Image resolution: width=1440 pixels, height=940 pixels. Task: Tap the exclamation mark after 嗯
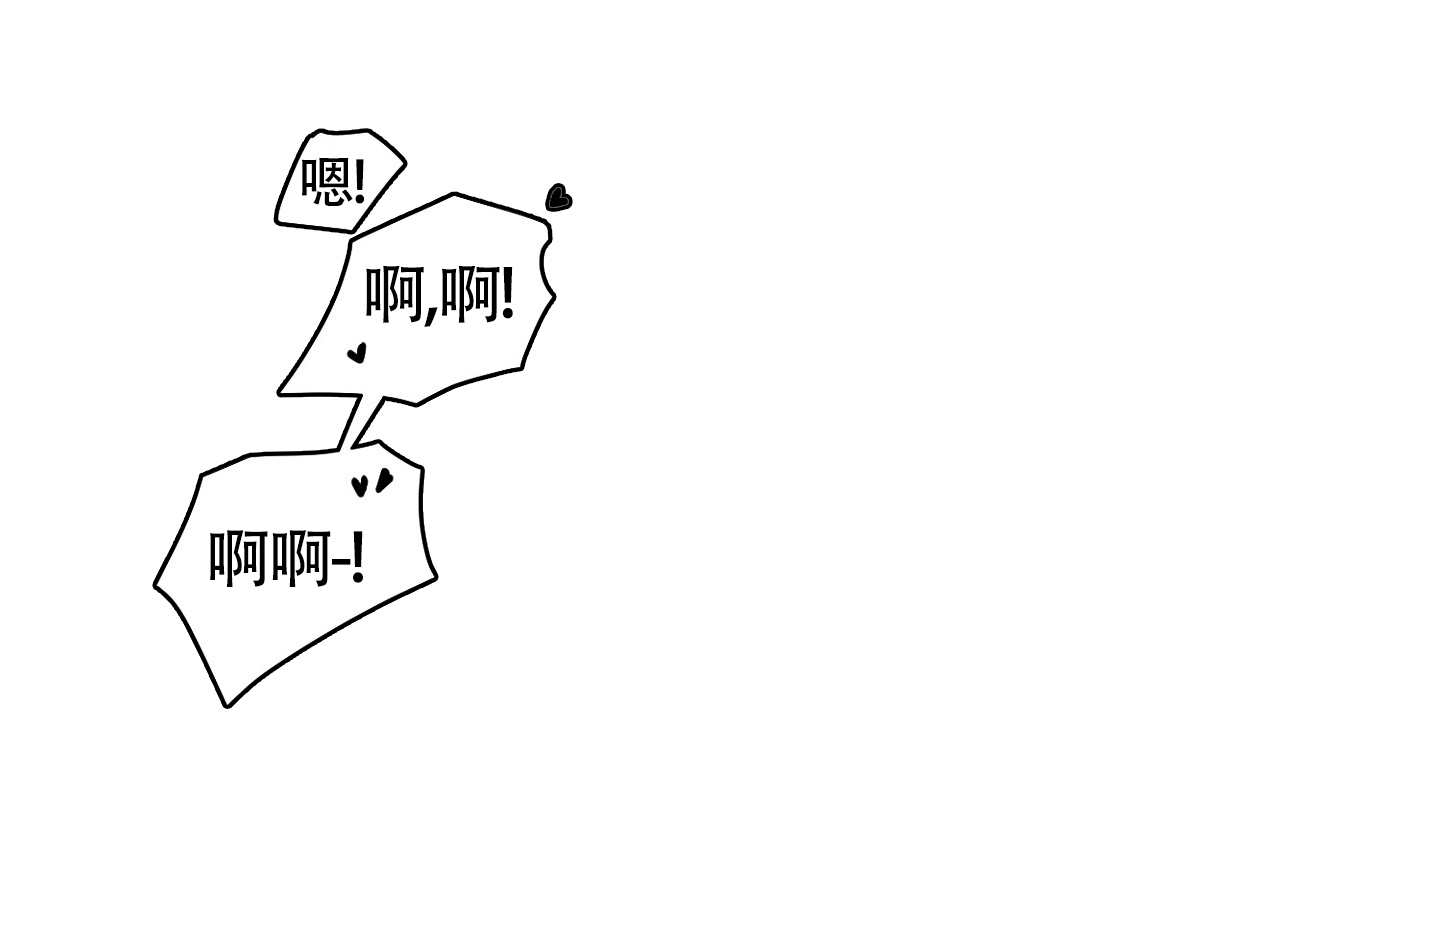coord(359,181)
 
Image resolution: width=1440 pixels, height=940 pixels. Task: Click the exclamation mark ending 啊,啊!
coord(507,294)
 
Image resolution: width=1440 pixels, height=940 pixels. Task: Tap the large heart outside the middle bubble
coord(559,197)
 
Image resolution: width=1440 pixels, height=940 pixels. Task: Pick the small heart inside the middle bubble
coord(357,352)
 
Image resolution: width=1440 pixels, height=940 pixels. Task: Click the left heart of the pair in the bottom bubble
coord(359,486)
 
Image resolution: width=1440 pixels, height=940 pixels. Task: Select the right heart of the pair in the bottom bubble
coord(384,480)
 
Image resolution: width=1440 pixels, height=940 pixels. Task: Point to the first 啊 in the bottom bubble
coord(238,558)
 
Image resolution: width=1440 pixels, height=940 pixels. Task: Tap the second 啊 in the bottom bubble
coord(301,558)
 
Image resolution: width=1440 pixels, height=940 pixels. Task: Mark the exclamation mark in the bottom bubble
coord(357,557)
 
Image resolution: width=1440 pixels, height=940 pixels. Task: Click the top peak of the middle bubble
coord(454,194)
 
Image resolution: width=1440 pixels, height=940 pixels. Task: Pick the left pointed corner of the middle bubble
coord(280,392)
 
